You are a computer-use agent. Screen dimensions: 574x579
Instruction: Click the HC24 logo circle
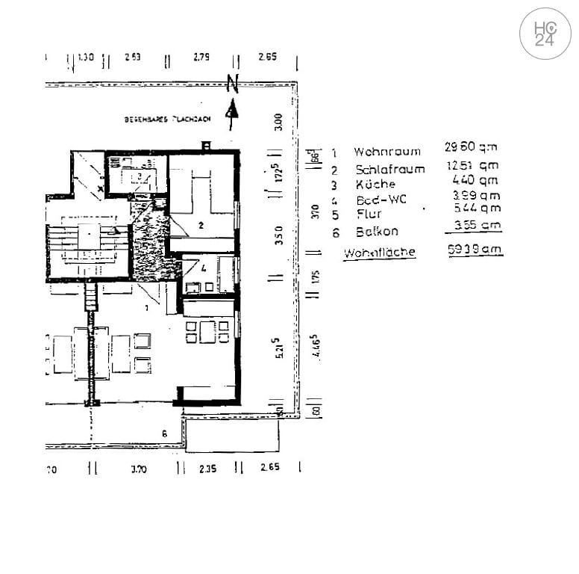point(545,34)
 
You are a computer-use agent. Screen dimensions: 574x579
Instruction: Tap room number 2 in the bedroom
point(201,224)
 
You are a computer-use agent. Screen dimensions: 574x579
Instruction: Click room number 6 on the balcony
point(164,433)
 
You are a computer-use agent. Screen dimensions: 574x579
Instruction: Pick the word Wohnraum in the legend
point(386,152)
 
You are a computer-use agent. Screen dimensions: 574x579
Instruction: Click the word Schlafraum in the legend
point(389,169)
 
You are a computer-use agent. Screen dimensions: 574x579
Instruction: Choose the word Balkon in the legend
point(377,232)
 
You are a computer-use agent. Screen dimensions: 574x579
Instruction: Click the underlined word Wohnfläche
point(379,253)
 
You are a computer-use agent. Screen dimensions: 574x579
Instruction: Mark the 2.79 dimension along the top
point(201,57)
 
